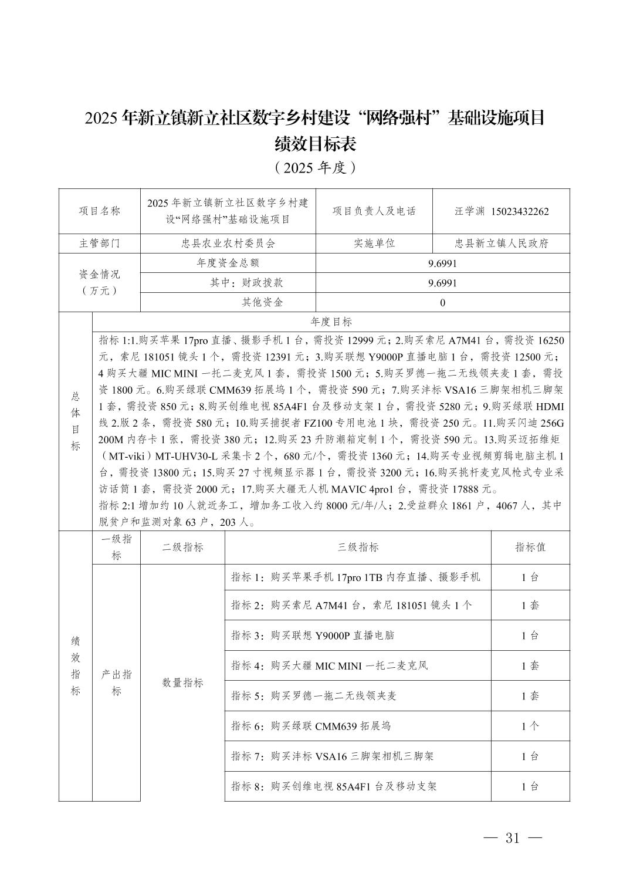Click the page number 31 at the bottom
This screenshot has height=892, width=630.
click(x=512, y=837)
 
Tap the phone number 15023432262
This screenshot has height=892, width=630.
click(x=520, y=211)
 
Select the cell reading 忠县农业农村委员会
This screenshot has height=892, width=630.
click(x=228, y=243)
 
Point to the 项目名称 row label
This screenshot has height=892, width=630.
click(x=99, y=211)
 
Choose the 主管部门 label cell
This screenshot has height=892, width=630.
click(x=99, y=243)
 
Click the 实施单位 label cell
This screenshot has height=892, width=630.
click(x=374, y=243)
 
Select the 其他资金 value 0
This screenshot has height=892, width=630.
click(x=442, y=302)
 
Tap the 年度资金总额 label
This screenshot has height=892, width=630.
click(x=228, y=263)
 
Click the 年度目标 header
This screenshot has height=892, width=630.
click(x=331, y=322)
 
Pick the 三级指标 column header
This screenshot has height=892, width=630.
click(x=357, y=547)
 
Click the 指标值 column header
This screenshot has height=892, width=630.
click(x=530, y=547)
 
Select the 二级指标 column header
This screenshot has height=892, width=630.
click(x=182, y=547)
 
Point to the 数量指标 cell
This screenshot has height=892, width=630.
click(x=182, y=682)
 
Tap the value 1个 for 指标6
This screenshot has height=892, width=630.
click(x=530, y=726)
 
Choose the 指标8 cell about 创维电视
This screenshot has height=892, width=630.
click(x=334, y=786)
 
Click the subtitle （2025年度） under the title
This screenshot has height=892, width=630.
click(x=315, y=168)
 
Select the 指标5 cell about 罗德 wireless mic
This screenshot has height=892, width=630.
click(x=314, y=695)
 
